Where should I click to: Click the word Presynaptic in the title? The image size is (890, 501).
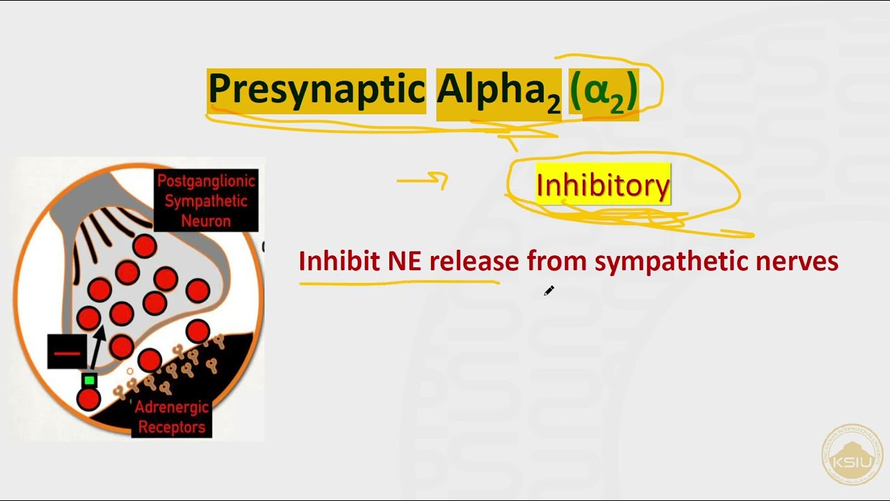point(316,90)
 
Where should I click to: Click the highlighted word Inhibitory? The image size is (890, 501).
point(603,185)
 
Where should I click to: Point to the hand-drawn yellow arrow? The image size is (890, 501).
point(423,182)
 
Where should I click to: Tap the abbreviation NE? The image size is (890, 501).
point(405,262)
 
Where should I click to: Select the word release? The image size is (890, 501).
point(474,262)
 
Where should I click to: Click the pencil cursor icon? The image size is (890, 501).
point(549,291)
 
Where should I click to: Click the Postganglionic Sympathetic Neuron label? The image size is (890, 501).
point(206,201)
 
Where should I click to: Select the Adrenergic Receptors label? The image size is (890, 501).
point(171,417)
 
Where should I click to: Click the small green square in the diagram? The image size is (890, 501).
point(89,380)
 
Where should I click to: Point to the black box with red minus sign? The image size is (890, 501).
point(67,351)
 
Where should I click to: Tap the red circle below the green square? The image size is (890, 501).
point(88,399)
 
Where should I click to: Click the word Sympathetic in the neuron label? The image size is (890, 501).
point(206,202)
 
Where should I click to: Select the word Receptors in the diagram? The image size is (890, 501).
point(172,427)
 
